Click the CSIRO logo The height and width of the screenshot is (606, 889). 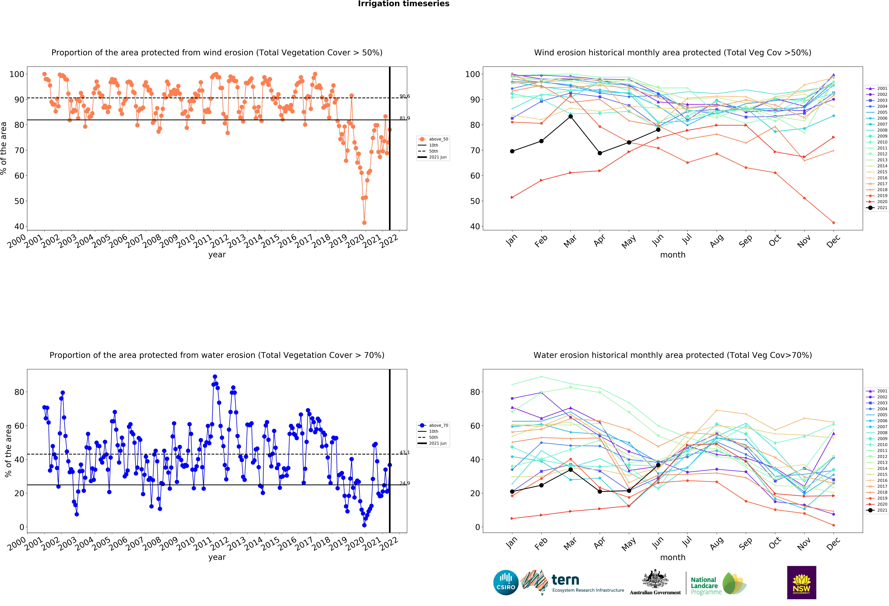tap(506, 583)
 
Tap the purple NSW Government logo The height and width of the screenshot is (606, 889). tap(801, 582)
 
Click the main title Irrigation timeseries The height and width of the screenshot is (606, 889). tap(404, 4)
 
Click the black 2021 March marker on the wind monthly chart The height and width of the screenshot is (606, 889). tap(570, 116)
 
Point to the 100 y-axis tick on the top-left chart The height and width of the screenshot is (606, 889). tap(17, 74)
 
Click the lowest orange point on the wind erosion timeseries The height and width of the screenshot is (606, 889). tap(364, 223)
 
